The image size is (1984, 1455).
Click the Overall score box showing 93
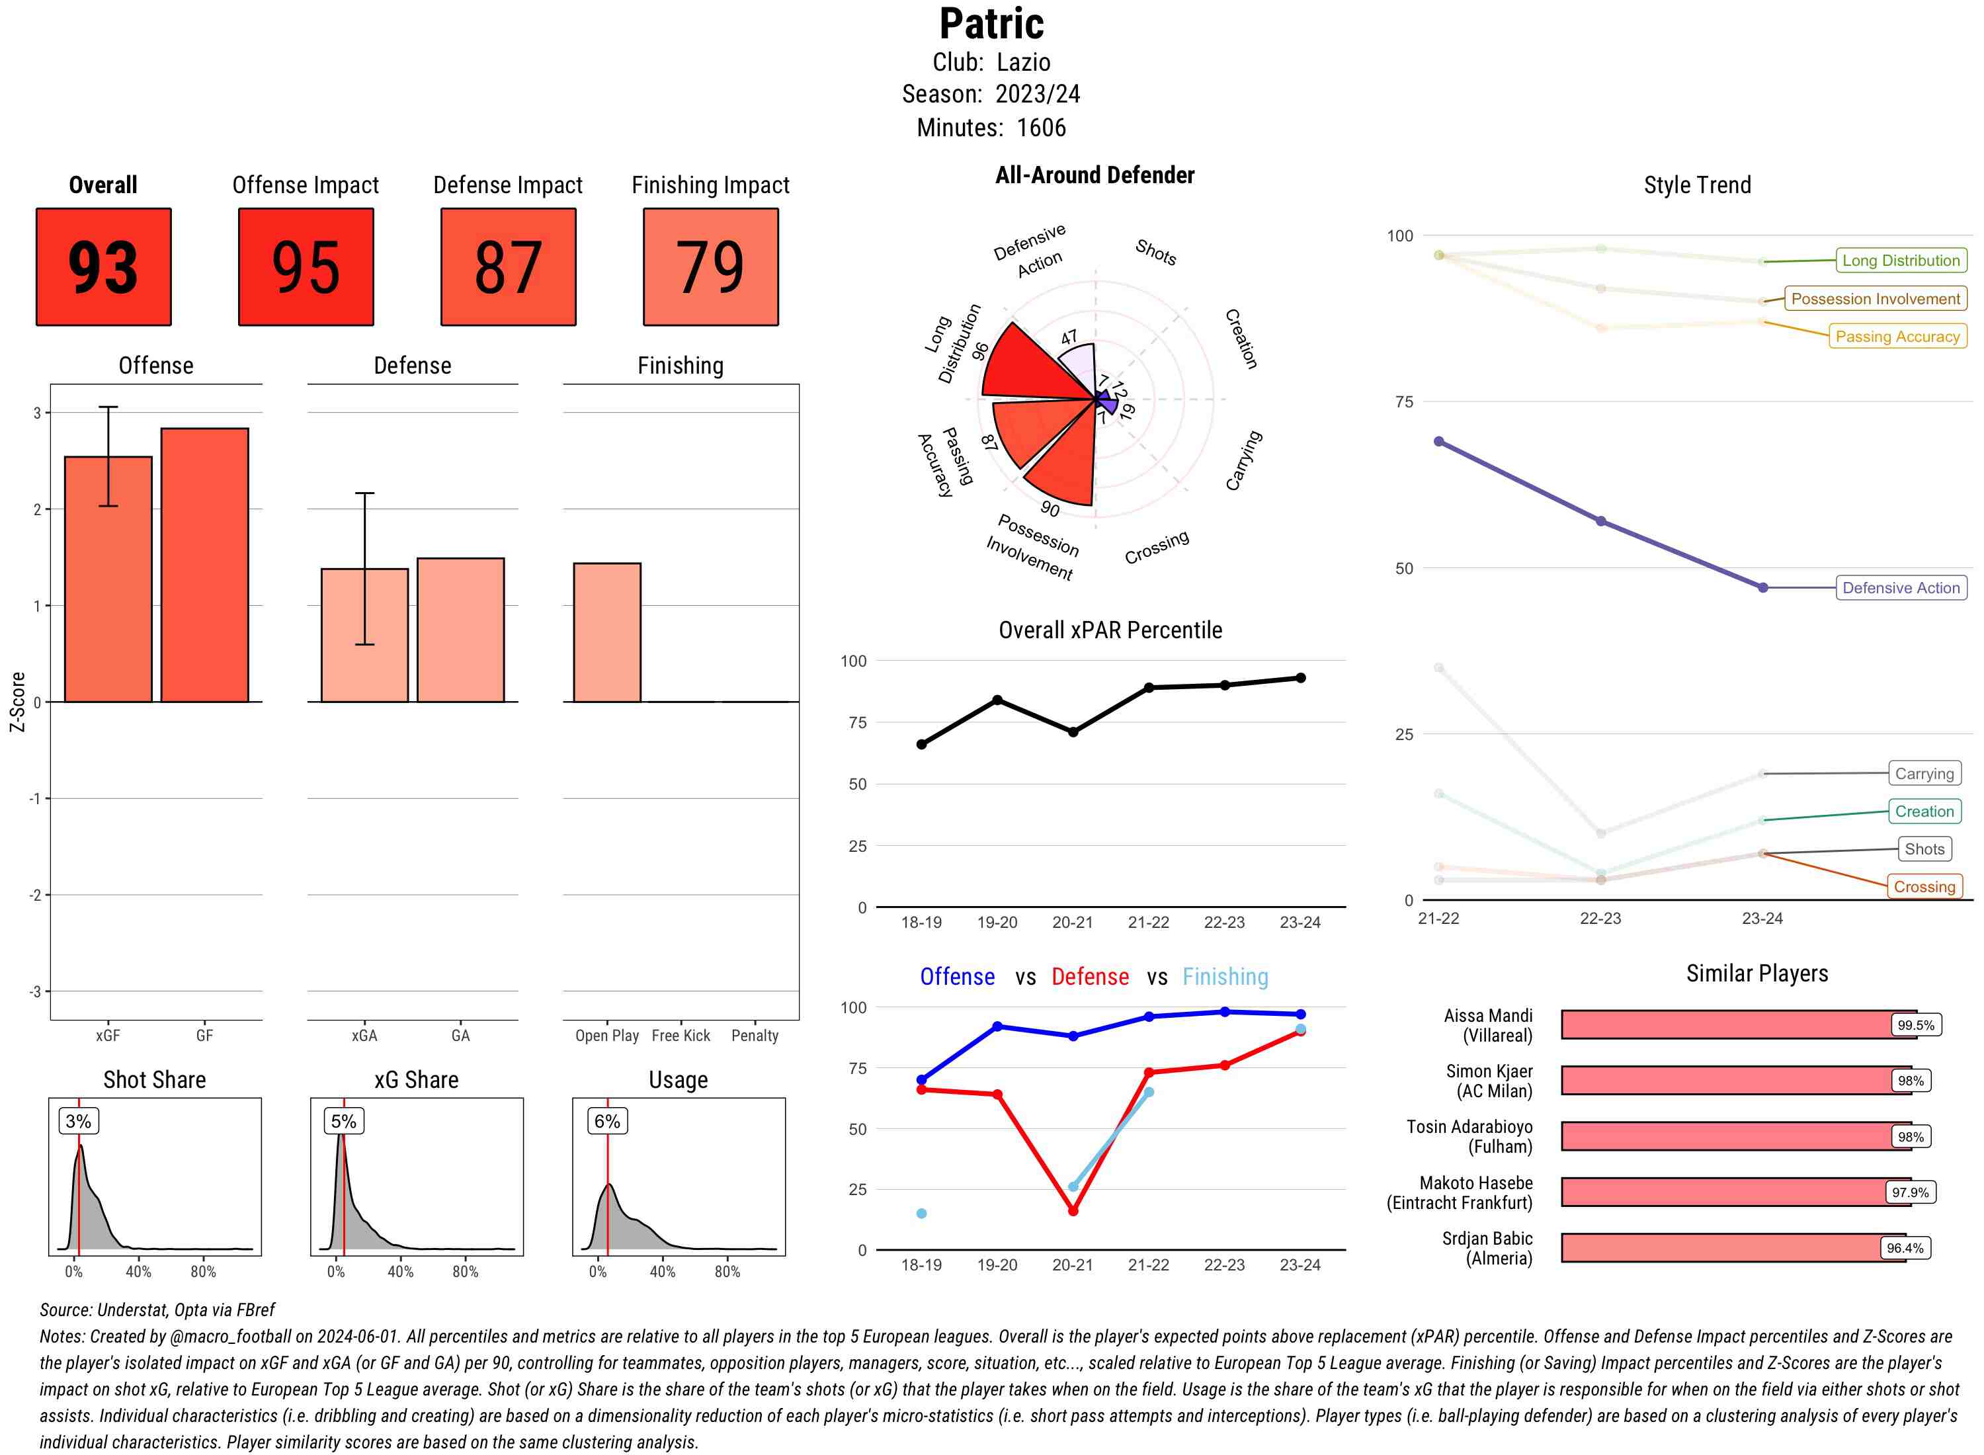click(x=103, y=267)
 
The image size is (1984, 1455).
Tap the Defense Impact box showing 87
click(x=508, y=267)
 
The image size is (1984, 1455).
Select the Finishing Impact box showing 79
click(x=711, y=267)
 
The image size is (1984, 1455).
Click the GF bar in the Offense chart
click(x=204, y=565)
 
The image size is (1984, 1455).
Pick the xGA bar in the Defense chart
click(x=364, y=635)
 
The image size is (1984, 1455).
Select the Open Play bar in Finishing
click(x=606, y=632)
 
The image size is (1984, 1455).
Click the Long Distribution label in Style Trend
click(x=1901, y=261)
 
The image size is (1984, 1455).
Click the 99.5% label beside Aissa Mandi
click(x=1915, y=1025)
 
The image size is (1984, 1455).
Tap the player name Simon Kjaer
click(x=1488, y=1071)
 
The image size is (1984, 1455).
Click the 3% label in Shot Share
click(x=79, y=1121)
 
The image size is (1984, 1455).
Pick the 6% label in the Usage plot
click(x=606, y=1121)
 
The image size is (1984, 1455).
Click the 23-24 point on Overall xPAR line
click(x=1300, y=678)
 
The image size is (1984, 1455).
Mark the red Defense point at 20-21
click(x=1073, y=1211)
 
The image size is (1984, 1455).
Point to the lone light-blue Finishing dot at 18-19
click(x=921, y=1214)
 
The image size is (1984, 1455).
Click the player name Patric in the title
click(x=991, y=24)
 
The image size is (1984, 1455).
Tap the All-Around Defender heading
click(x=1095, y=175)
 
